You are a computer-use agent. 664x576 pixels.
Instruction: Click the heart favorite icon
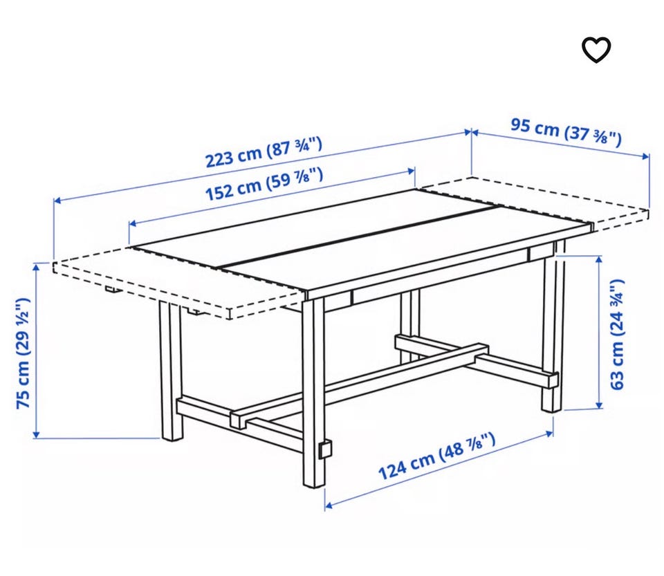point(596,50)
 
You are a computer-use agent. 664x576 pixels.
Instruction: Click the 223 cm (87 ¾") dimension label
point(264,152)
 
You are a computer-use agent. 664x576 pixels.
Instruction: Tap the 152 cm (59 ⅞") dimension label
point(264,184)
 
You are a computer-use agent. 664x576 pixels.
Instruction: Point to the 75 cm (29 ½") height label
point(24,353)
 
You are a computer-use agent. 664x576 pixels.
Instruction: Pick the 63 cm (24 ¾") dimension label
point(616,335)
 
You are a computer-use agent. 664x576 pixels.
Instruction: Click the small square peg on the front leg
point(325,449)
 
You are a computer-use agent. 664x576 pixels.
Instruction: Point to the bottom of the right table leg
point(551,409)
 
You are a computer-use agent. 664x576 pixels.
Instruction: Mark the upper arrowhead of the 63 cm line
point(599,259)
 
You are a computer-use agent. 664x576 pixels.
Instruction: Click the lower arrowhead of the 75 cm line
point(36,434)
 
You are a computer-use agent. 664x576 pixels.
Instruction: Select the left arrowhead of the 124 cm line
point(329,505)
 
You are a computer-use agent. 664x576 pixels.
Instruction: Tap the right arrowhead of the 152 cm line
point(411,171)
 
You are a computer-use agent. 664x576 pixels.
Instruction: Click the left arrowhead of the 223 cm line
point(58,200)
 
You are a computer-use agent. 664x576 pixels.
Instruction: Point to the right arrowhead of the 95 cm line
point(645,156)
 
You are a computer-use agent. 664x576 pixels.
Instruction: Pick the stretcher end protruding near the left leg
point(238,419)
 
